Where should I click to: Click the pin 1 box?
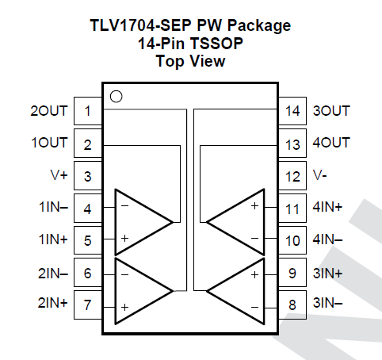click(x=87, y=111)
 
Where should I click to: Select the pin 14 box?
click(x=293, y=111)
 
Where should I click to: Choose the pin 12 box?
click(x=293, y=176)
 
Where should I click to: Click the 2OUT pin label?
click(x=49, y=111)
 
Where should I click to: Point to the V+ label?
click(x=59, y=176)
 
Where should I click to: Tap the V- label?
click(x=319, y=176)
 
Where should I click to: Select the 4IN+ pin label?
click(x=328, y=209)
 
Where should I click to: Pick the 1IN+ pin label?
click(x=52, y=240)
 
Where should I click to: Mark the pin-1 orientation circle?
click(x=116, y=97)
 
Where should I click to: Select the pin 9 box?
click(x=293, y=273)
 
